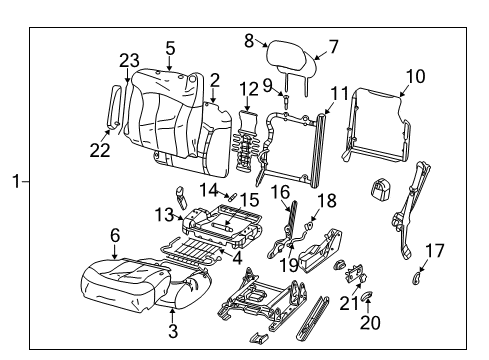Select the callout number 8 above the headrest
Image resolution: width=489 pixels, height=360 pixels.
pyautogui.click(x=248, y=40)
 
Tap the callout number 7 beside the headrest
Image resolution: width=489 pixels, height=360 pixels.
pyautogui.click(x=334, y=45)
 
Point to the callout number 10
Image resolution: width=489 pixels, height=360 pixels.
pyautogui.click(x=415, y=75)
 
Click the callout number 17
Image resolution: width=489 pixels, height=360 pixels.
pyautogui.click(x=435, y=250)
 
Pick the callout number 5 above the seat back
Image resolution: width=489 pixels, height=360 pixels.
pyautogui.click(x=170, y=47)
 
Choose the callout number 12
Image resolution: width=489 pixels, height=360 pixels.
pyautogui.click(x=247, y=89)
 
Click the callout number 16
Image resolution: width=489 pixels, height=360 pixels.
pyautogui.click(x=281, y=190)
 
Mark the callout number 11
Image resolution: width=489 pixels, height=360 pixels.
pyautogui.click(x=340, y=94)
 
